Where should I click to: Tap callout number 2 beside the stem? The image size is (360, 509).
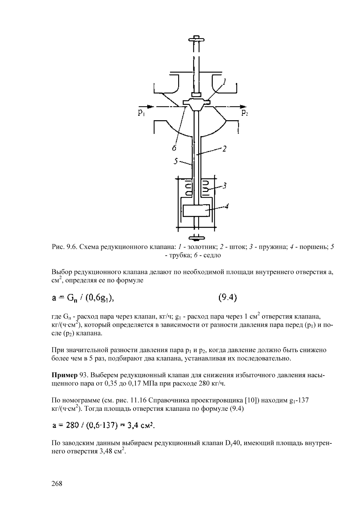pyautogui.click(x=224, y=149)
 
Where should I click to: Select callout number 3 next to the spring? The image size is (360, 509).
pyautogui.click(x=225, y=186)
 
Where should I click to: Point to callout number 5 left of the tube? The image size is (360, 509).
pyautogui.click(x=175, y=161)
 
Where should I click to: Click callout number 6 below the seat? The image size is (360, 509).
pyautogui.click(x=174, y=148)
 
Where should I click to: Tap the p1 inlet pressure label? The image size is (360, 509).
pyautogui.click(x=141, y=113)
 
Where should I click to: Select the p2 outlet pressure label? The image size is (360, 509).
pyautogui.click(x=245, y=113)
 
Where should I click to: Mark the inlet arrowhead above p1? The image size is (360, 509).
pyautogui.click(x=150, y=106)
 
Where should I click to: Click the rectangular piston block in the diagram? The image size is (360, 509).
pyautogui.click(x=196, y=211)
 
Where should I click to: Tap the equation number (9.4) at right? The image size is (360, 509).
pyautogui.click(x=227, y=298)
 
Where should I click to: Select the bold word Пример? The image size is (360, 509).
pyautogui.click(x=64, y=375)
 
